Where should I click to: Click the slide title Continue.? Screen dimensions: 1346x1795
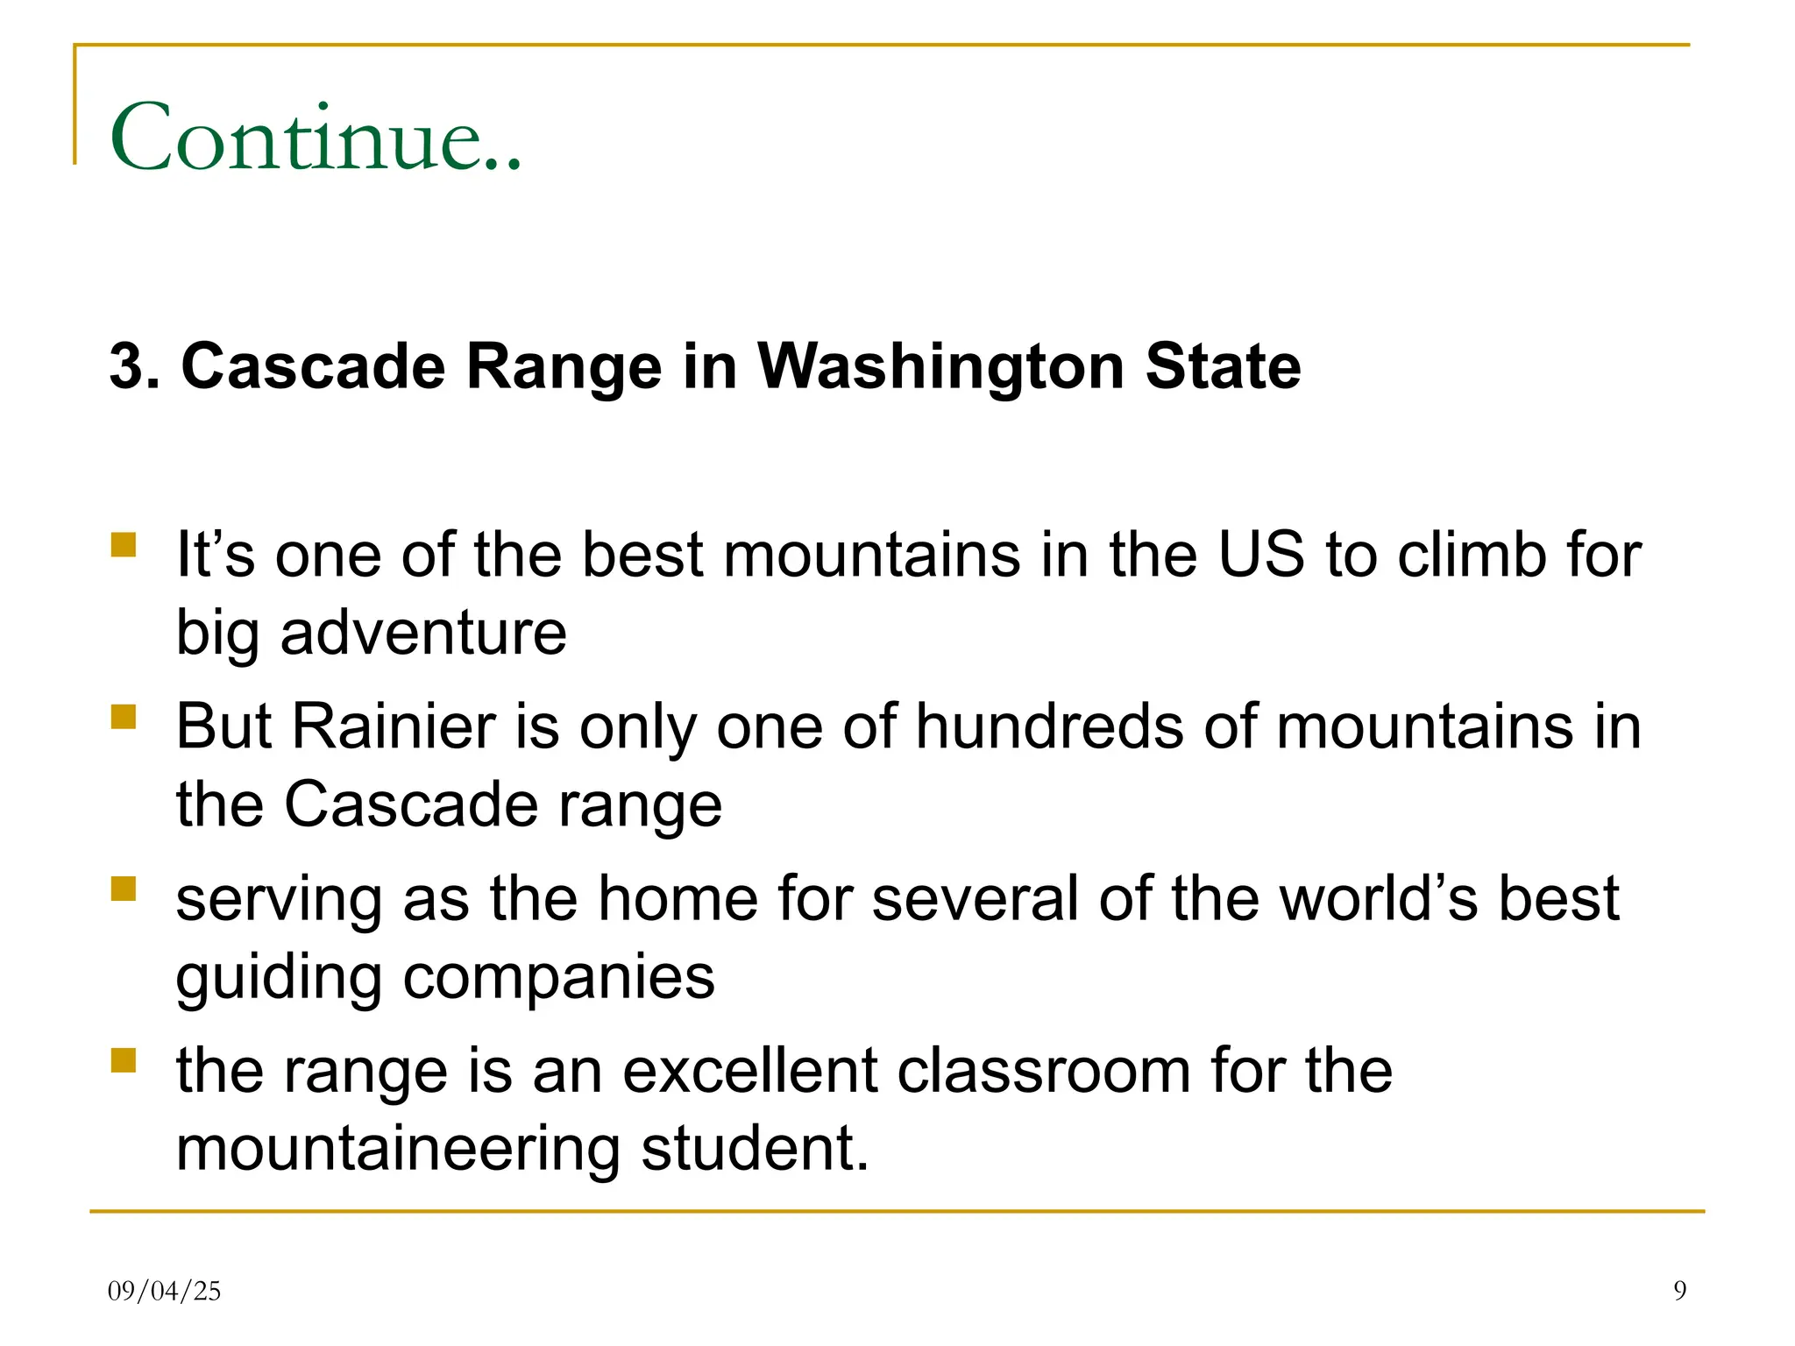point(316,138)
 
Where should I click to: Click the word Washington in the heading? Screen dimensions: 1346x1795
point(941,365)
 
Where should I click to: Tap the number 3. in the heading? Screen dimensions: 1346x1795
point(134,365)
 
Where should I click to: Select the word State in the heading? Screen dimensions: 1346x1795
point(1223,365)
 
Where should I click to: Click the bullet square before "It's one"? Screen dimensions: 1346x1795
point(124,545)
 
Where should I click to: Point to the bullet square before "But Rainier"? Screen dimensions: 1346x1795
point(124,717)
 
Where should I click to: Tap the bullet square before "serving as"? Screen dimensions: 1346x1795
point(124,889)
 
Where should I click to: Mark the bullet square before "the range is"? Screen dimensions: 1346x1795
point(124,1061)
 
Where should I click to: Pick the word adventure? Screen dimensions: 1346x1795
point(423,633)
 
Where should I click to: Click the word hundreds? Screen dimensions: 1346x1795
point(1049,726)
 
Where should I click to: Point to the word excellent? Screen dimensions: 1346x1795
point(749,1071)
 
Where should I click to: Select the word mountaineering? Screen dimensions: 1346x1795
point(399,1149)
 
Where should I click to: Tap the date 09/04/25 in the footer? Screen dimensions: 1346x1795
point(164,1291)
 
